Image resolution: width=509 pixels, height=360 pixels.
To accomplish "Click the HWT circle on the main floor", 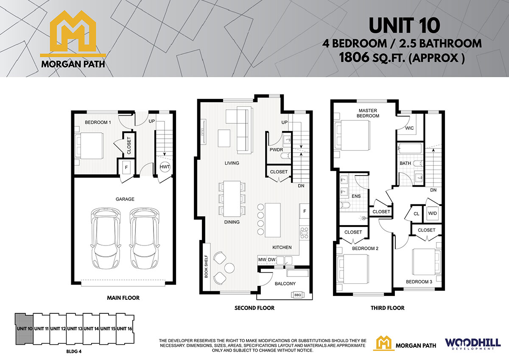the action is point(165,167).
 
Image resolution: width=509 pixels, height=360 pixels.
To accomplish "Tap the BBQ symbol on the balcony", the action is point(298,295).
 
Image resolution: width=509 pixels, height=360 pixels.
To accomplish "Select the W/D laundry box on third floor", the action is point(432,214).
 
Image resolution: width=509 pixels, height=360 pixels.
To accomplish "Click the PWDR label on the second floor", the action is point(276,150).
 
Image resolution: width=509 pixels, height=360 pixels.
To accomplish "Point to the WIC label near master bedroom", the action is point(409,128).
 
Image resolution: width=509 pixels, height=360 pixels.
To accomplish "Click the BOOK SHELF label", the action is point(206,266).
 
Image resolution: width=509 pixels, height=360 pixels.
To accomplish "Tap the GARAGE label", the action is point(125,199).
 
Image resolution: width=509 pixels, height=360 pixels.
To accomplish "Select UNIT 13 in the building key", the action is point(75,329).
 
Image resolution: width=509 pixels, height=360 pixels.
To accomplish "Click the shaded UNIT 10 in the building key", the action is point(24,329).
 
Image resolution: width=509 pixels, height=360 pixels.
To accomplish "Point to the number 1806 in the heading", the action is point(354,58).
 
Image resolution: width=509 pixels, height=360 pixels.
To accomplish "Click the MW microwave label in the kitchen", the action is point(262,260).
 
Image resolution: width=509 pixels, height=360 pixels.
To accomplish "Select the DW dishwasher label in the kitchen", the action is point(272,260).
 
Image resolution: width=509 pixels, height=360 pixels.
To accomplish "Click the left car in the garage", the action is point(106,238).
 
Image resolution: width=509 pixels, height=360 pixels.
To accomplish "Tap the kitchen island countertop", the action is point(273,220).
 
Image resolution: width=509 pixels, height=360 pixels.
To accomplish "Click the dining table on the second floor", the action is point(232,198).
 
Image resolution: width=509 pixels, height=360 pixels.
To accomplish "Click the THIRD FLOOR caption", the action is point(387,308).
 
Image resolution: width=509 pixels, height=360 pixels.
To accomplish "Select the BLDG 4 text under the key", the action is point(74,352).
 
